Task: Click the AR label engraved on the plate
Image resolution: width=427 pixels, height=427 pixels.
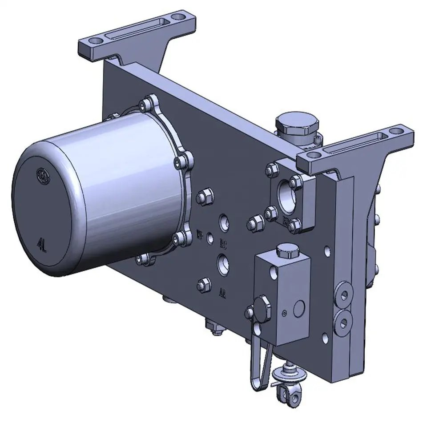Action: pos(222,293)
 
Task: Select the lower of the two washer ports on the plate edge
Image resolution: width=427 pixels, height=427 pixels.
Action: pos(343,320)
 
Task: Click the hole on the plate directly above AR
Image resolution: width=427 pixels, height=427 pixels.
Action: pos(223,264)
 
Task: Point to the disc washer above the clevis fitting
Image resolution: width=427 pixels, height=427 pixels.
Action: pos(290,376)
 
